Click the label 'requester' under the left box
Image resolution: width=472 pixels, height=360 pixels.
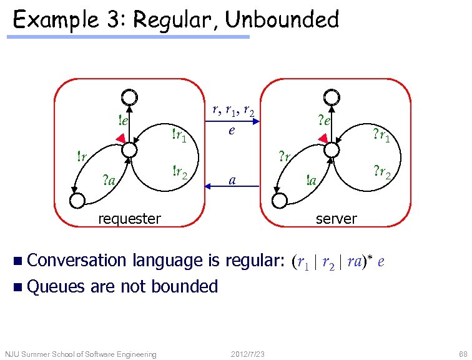pyautogui.click(x=130, y=218)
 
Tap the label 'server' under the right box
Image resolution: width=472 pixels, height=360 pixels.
pyautogui.click(x=337, y=218)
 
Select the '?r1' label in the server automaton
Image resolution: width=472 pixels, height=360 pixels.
pyautogui.click(x=381, y=135)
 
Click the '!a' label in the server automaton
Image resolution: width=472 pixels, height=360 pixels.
pyautogui.click(x=310, y=181)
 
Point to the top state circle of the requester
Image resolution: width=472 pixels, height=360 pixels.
pyautogui.click(x=129, y=97)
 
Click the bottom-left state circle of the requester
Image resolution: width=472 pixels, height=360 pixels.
pyautogui.click(x=77, y=200)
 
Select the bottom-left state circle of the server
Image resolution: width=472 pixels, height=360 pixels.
pyautogui.click(x=280, y=200)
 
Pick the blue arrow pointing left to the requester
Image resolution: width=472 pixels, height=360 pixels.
pyautogui.click(x=232, y=186)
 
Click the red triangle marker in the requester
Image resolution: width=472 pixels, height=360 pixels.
pyautogui.click(x=121, y=137)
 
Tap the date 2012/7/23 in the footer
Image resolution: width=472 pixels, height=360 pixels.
pyautogui.click(x=248, y=354)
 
